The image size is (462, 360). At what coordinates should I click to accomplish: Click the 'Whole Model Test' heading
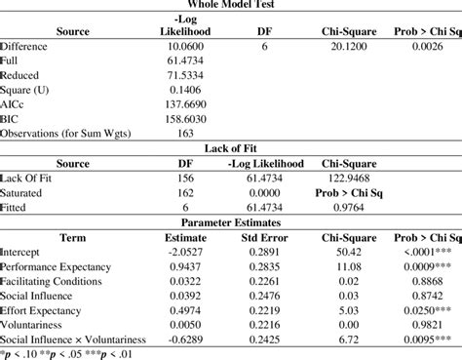click(x=230, y=5)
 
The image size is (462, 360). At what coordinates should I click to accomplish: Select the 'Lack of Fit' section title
click(x=230, y=147)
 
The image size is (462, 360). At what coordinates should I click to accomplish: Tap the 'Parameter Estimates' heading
click(x=230, y=221)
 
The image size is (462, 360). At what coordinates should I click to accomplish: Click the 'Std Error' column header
click(x=263, y=236)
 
